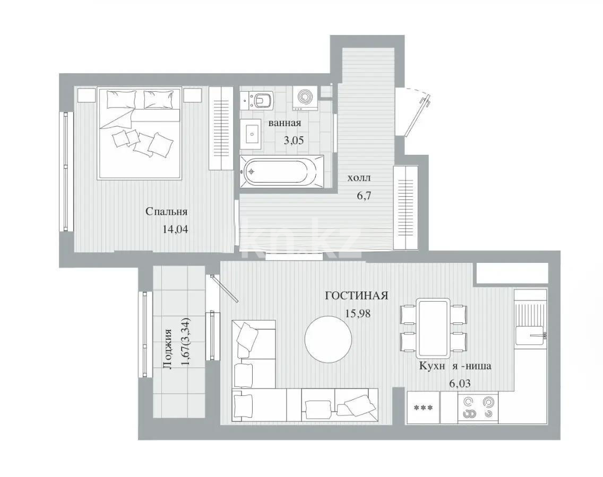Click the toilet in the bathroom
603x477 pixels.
point(262,99)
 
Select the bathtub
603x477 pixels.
point(282,171)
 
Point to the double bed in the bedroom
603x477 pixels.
point(140,132)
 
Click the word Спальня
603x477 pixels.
point(167,212)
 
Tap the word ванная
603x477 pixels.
point(285,123)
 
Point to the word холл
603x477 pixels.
point(359,178)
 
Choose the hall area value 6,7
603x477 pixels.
point(364,195)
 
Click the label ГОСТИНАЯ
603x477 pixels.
point(357,296)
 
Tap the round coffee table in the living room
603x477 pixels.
point(328,339)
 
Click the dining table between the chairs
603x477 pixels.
point(433,328)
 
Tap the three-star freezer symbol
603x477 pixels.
point(423,408)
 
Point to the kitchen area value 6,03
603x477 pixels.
point(460,383)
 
